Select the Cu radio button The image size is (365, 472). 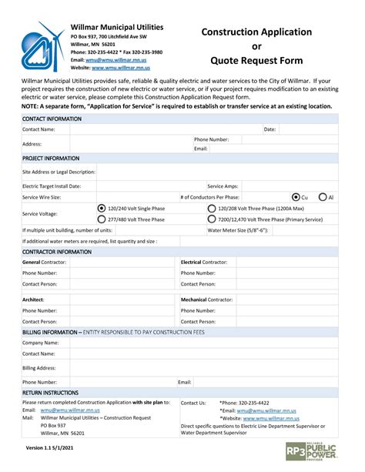pyautogui.click(x=296, y=197)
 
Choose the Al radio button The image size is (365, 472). pyautogui.click(x=323, y=197)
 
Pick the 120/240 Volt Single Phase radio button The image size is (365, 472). pyautogui.click(x=102, y=208)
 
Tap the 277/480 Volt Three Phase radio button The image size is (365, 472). pyautogui.click(x=102, y=219)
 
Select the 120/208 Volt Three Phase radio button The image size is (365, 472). pyautogui.click(x=212, y=208)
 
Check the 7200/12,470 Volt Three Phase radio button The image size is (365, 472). pyautogui.click(x=212, y=219)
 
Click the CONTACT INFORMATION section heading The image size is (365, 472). pyautogui.click(x=52, y=119)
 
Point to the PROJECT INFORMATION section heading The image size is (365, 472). pyautogui.click(x=51, y=158)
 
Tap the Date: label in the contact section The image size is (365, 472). pyautogui.click(x=270, y=129)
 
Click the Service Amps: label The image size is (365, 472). pyautogui.click(x=223, y=186)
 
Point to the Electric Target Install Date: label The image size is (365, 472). pyautogui.click(x=52, y=186)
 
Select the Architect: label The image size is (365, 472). pyautogui.click(x=33, y=300)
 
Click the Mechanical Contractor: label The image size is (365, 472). pyautogui.click(x=206, y=300)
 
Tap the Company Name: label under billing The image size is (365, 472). pyautogui.click(x=41, y=343)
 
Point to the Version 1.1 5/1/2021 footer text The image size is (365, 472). pyautogui.click(x=50, y=447)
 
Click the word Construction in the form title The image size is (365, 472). pyautogui.click(x=232, y=32)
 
